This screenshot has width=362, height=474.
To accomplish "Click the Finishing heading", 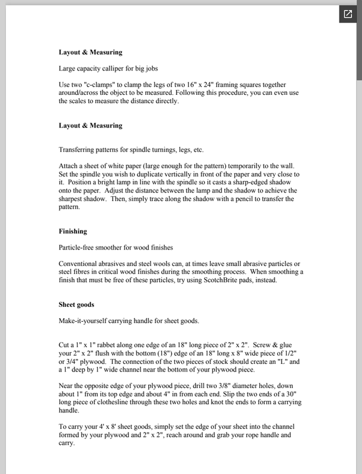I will [73, 230].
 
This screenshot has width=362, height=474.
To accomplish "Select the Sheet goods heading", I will [77, 305].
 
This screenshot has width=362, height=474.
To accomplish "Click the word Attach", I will [69, 165].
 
